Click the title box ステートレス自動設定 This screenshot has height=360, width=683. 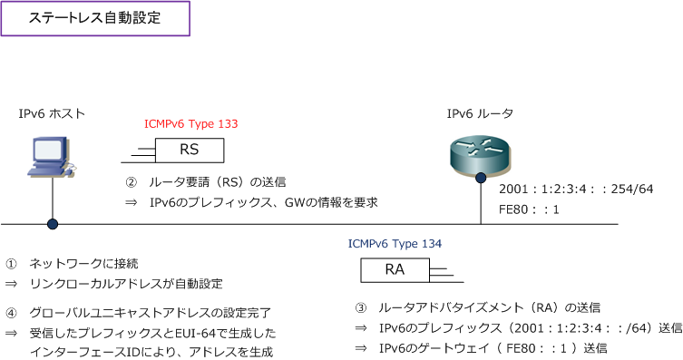(x=95, y=18)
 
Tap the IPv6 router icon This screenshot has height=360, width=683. (x=481, y=152)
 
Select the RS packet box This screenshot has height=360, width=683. (x=189, y=149)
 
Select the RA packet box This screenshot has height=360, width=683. (x=395, y=269)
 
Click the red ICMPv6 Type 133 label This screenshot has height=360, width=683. (x=191, y=123)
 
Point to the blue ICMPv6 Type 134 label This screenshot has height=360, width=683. (x=395, y=244)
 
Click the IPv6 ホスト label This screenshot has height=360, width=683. (x=52, y=113)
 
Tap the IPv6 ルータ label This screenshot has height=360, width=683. (x=480, y=113)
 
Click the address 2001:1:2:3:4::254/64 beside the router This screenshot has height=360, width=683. (x=576, y=189)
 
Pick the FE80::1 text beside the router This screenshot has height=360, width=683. (x=529, y=209)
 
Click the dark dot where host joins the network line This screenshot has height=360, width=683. (x=53, y=223)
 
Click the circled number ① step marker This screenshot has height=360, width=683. (x=11, y=264)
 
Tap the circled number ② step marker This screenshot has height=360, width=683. (x=131, y=182)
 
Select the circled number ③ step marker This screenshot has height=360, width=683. (x=360, y=307)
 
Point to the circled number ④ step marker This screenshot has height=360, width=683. (x=11, y=313)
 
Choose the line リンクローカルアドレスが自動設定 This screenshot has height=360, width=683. (x=126, y=284)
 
